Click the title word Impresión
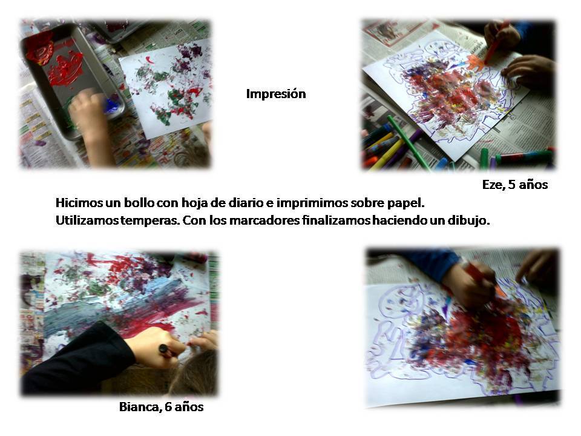pos(276,94)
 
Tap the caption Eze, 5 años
pos(514,185)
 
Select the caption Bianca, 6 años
pos(161,407)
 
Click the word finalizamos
pos(336,220)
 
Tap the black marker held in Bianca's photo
pos(166,351)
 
